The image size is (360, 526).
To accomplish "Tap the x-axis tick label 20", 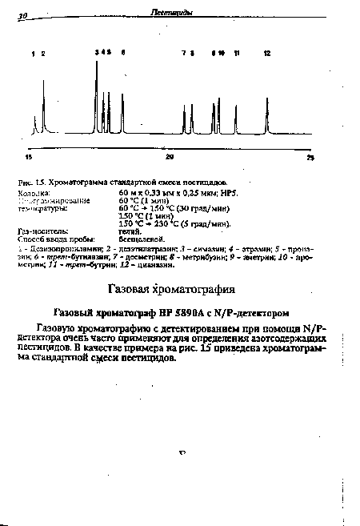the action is pos(170,157).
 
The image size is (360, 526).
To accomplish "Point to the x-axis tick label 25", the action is pos(312,158).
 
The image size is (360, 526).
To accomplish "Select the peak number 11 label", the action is pos(236,53).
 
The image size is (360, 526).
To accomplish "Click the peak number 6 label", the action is pos(123,53).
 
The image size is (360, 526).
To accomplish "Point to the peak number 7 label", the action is pos(183,53).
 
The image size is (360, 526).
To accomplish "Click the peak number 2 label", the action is pos(43,53).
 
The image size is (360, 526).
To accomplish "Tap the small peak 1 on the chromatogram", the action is pos(35,118).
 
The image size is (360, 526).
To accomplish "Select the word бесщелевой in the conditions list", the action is pos(141,239).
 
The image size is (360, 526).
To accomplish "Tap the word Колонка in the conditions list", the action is pos(33,194).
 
